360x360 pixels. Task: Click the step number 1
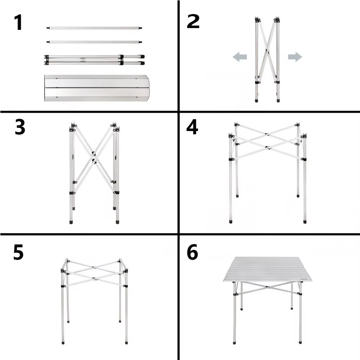coord(18,22)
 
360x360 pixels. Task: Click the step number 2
coord(193,21)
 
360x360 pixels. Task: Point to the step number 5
coord(18,252)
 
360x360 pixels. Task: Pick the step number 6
coord(192,252)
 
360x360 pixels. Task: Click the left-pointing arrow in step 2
coord(240,57)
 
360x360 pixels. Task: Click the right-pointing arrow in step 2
coord(295,57)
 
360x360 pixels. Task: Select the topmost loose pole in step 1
coord(94,28)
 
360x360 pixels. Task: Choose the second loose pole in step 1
coord(94,42)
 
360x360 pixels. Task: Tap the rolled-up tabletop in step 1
coord(97,88)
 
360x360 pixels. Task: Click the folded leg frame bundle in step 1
coord(94,60)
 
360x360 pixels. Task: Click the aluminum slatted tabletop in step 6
coord(268,269)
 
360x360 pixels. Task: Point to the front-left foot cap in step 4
coord(231,221)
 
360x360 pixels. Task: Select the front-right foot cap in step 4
coord(305,221)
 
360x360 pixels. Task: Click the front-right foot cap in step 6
coord(300,342)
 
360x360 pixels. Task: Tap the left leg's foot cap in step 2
coord(256,100)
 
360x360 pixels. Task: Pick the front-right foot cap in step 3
coord(117,222)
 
